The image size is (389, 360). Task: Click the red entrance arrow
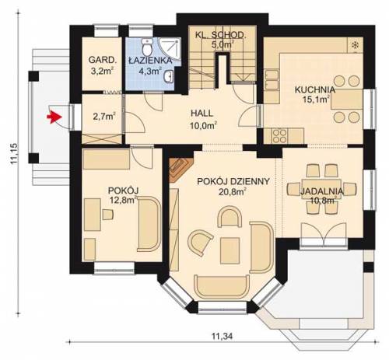54,117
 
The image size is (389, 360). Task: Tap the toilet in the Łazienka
147,47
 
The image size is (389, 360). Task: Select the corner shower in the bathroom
170,49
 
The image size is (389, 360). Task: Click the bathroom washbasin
168,75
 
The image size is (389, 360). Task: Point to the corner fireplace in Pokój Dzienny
180,169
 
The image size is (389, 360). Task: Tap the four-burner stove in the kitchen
279,136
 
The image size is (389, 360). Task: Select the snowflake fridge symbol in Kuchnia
355,45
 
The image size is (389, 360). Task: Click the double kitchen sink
272,80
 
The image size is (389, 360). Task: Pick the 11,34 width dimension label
223,336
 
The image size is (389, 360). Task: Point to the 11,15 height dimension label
14,153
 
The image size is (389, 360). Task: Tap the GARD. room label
103,60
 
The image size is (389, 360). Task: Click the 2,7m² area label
104,117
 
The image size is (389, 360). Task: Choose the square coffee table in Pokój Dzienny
230,250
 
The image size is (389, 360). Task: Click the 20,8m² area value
233,192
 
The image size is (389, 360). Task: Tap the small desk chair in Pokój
108,215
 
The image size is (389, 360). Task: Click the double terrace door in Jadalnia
324,235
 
